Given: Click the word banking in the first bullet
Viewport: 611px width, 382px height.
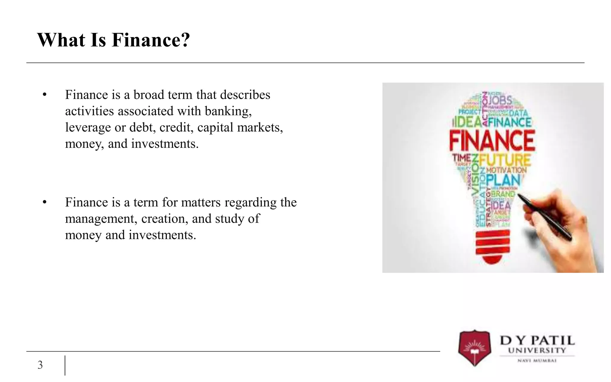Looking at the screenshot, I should click(x=228, y=111).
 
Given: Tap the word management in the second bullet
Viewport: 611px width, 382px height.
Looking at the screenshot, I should click(x=101, y=219).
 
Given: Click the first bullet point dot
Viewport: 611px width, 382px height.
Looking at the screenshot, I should click(x=45, y=95).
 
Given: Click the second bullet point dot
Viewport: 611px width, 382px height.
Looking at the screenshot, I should click(x=45, y=202).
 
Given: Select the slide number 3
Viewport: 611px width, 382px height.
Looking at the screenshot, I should click(x=40, y=365).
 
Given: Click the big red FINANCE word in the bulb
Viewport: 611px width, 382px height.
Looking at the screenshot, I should click(x=492, y=141).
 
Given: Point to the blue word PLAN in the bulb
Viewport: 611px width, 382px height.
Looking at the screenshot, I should click(x=503, y=180).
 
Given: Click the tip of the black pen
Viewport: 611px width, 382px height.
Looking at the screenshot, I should click(x=518, y=195).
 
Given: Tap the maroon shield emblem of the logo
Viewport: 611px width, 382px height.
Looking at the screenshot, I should click(x=474, y=348).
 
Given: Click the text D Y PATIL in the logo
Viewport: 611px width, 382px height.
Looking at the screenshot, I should click(x=537, y=341).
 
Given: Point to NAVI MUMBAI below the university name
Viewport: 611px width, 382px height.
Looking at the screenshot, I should click(x=537, y=361).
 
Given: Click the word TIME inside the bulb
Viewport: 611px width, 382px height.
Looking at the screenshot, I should click(x=462, y=157).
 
